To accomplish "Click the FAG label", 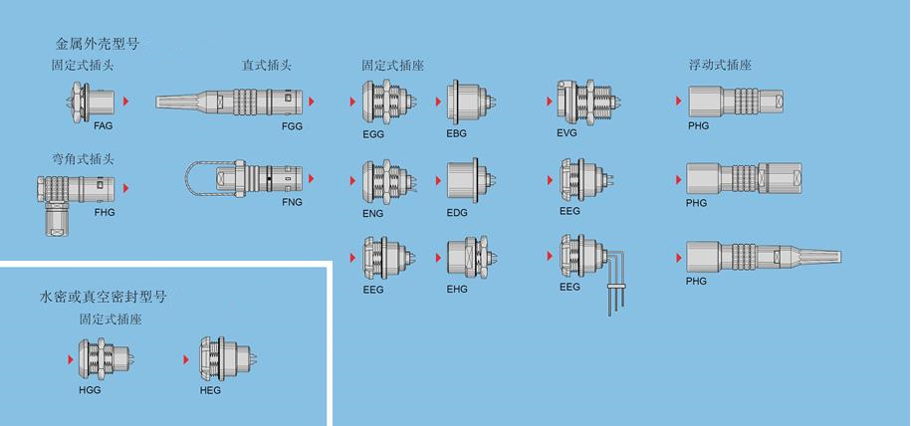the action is pos(103,125).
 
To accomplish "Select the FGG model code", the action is pos(292,126).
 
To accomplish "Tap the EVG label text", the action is pos(567,132).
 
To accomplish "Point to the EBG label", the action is pos(457,133).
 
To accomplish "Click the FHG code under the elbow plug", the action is pos(105,213).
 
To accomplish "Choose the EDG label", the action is pos(457,213).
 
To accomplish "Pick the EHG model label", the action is pos(457,289).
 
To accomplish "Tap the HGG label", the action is pos(90,390).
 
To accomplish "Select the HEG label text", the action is pos(210,390).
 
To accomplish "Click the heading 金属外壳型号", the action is pos(97,44).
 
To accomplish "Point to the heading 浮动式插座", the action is pos(720,65).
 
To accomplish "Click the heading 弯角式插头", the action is pos(83,160).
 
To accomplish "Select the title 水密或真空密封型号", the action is pos(103,298).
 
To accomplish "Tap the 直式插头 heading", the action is pos(267,66).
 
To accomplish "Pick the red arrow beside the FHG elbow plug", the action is pos(126,188).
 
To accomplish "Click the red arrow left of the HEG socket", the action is pos(186,359).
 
